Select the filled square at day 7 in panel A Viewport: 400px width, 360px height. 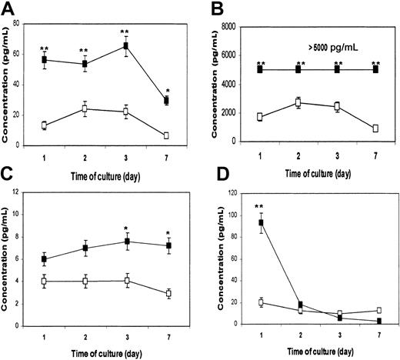pos(165,101)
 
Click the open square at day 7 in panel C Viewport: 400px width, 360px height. pos(165,293)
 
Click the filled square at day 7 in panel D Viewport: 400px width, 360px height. pos(375,321)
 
